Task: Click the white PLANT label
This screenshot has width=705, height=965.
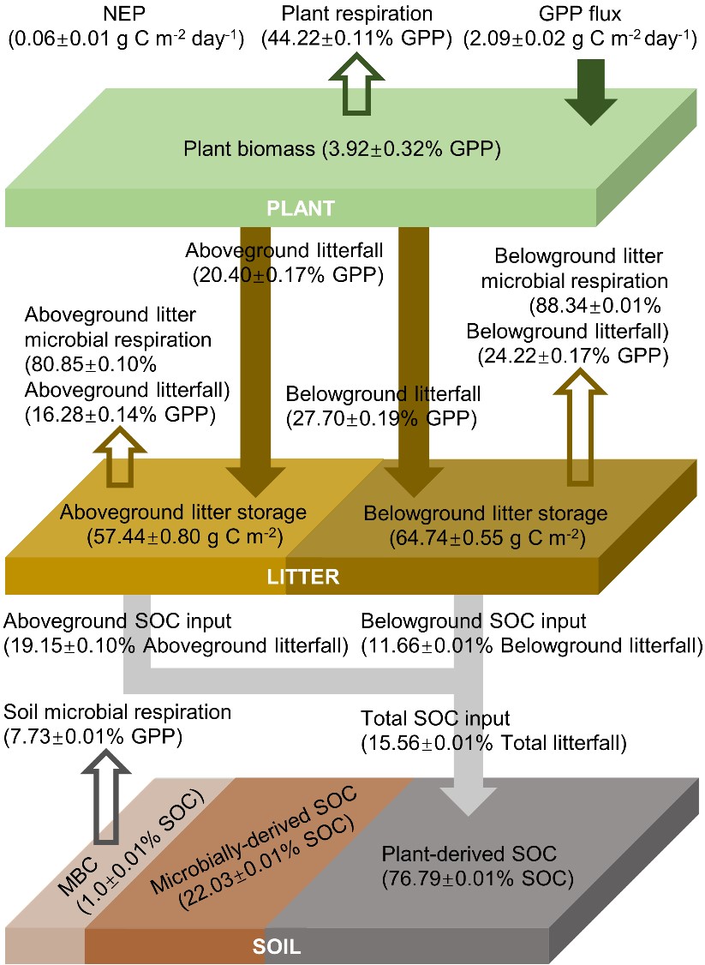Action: (x=299, y=208)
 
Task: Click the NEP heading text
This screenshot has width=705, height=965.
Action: (x=125, y=15)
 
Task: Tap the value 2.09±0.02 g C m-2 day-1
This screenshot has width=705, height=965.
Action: (x=580, y=39)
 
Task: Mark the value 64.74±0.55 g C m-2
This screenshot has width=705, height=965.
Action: (x=486, y=538)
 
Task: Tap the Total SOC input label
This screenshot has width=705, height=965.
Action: (x=436, y=718)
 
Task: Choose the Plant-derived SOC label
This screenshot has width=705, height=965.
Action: (x=469, y=853)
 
